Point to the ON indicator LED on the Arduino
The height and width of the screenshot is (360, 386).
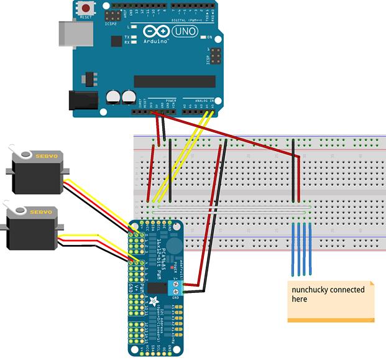point(201,37)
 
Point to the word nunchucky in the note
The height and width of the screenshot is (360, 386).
point(310,290)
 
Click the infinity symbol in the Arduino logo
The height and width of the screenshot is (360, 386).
point(152,32)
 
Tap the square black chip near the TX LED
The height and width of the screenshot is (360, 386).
point(116,41)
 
